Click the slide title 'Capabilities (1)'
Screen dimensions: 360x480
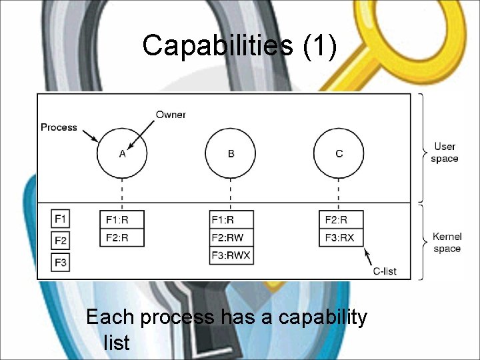(x=239, y=45)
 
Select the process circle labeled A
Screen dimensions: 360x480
(x=122, y=153)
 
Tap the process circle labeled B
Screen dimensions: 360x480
(x=231, y=153)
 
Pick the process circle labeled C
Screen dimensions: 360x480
(x=339, y=153)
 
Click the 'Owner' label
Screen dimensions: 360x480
(x=171, y=115)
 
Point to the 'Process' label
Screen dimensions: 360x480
(x=59, y=127)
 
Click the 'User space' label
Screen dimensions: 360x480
(x=445, y=153)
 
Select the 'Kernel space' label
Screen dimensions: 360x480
(x=447, y=243)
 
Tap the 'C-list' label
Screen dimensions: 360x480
(x=385, y=271)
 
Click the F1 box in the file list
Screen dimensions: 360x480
(x=61, y=219)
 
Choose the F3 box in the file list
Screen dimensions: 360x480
(x=61, y=263)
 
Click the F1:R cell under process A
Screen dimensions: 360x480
(x=123, y=220)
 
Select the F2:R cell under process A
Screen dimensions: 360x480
(x=123, y=237)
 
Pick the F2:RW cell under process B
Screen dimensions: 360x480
(x=231, y=237)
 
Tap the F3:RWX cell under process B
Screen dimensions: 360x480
(x=231, y=255)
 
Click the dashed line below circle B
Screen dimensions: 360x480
(x=231, y=193)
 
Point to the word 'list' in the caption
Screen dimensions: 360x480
(x=117, y=343)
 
